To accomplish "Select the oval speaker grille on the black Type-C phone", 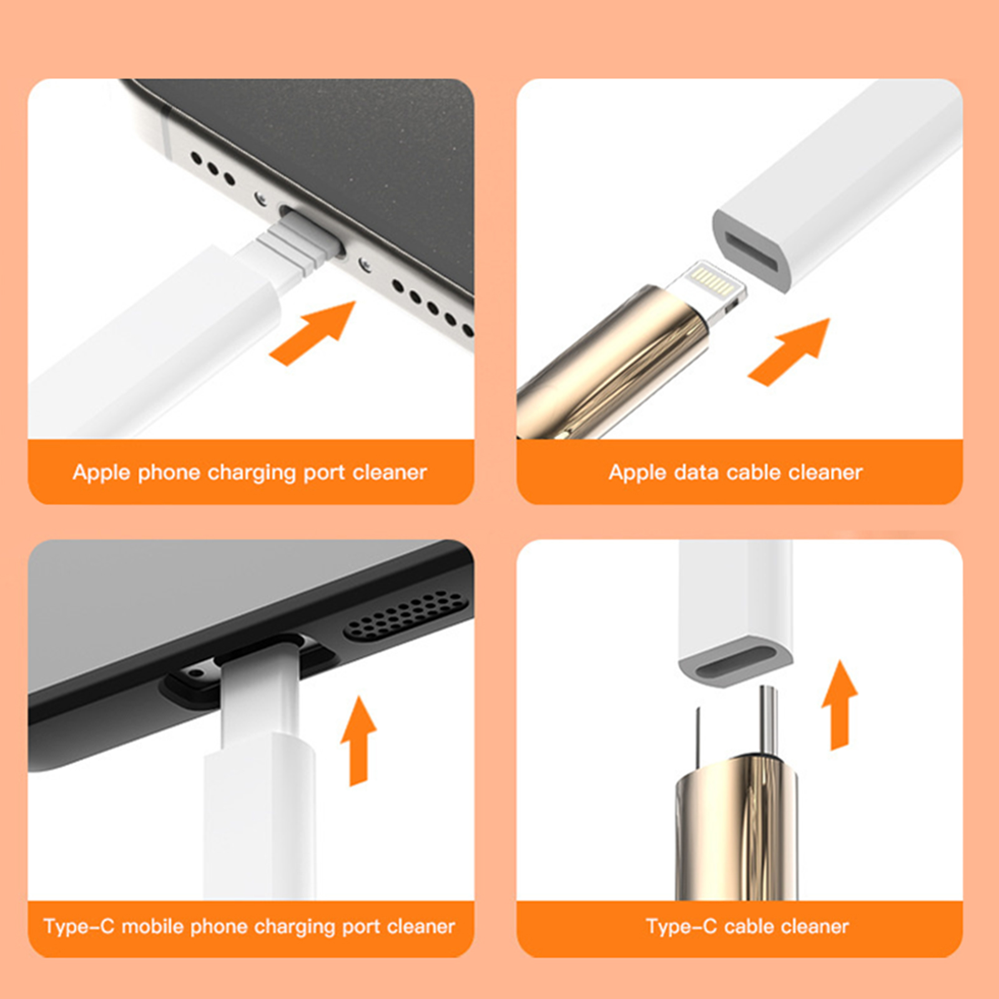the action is pyautogui.click(x=406, y=616).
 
